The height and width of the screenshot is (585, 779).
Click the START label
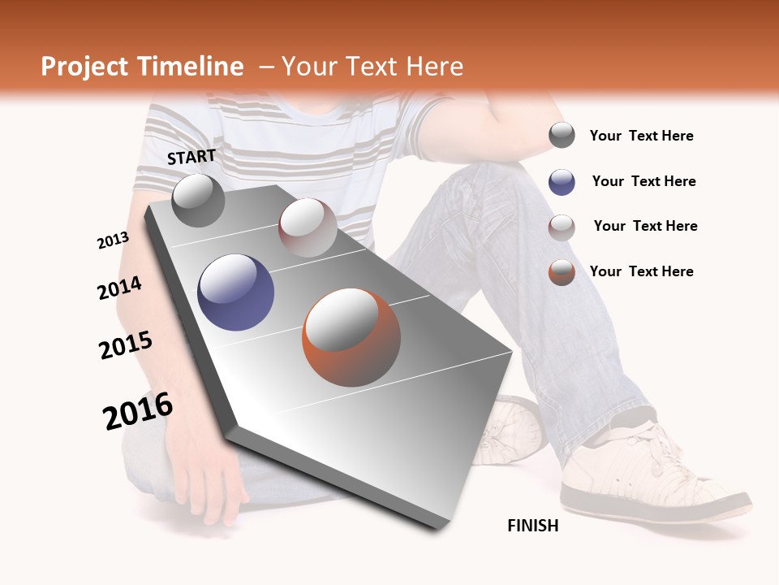[192, 157]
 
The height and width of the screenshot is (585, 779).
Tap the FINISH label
[533, 526]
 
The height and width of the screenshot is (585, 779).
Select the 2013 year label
[113, 240]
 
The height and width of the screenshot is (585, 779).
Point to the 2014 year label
[119, 288]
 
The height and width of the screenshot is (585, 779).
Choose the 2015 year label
[126, 345]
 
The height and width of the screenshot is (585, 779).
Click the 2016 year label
[138, 410]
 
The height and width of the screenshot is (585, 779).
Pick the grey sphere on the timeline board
[198, 200]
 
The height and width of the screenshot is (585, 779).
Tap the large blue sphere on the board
[236, 292]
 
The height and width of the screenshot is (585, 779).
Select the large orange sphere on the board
[351, 336]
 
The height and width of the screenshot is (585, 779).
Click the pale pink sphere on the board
[308, 227]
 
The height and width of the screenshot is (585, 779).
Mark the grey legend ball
[562, 136]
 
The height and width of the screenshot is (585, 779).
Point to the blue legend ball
[562, 182]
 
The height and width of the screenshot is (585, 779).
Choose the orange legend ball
[562, 272]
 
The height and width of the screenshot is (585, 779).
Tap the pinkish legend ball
[562, 227]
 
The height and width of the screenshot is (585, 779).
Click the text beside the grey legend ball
[641, 136]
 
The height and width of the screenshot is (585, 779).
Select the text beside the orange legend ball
[641, 271]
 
